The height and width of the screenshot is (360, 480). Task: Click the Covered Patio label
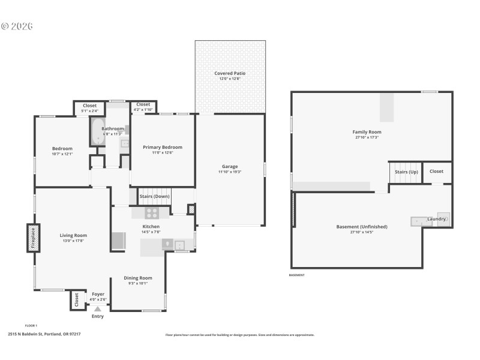pyautogui.click(x=230, y=73)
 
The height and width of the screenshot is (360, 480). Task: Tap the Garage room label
pyautogui.click(x=230, y=166)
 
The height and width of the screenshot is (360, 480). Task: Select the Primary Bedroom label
pyautogui.click(x=162, y=147)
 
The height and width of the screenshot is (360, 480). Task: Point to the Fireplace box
pyautogui.click(x=33, y=238)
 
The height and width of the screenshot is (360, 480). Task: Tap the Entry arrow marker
pyautogui.click(x=97, y=309)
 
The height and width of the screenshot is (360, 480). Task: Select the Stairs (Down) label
pyautogui.click(x=154, y=196)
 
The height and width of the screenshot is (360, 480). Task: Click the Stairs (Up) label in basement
pyautogui.click(x=406, y=172)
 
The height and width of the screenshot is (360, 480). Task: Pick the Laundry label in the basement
pyautogui.click(x=436, y=219)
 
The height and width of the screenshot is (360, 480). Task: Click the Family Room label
pyautogui.click(x=367, y=132)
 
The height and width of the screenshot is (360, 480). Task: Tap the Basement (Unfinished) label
pyautogui.click(x=361, y=227)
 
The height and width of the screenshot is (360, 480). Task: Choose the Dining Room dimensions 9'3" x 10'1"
pyautogui.click(x=138, y=283)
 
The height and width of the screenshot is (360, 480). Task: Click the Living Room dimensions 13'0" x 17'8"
pyautogui.click(x=73, y=241)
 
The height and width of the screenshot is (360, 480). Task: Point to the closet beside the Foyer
pyautogui.click(x=77, y=299)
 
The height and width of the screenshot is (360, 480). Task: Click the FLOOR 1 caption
pyautogui.click(x=31, y=326)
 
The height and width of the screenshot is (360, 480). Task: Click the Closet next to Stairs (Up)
pyautogui.click(x=436, y=171)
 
